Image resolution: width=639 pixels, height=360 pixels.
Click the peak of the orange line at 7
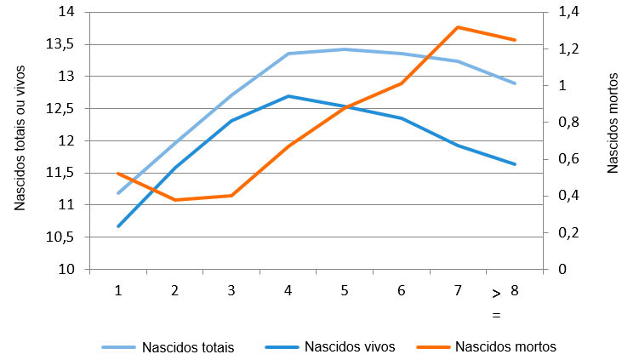(x=458, y=27)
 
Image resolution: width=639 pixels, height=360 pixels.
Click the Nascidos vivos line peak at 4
(x=288, y=96)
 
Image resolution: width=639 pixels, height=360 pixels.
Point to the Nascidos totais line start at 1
(x=118, y=193)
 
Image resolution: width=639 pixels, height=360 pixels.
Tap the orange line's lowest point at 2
(x=174, y=200)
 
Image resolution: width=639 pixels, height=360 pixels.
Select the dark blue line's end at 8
(x=515, y=164)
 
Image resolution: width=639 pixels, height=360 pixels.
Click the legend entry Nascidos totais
(x=187, y=347)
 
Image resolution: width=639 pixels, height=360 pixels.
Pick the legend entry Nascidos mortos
(x=505, y=347)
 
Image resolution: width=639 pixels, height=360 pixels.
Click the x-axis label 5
(x=345, y=290)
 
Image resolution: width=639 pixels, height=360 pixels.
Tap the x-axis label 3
(x=231, y=290)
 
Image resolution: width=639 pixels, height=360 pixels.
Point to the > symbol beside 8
(x=496, y=294)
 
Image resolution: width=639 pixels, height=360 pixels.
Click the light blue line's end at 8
(x=515, y=83)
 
